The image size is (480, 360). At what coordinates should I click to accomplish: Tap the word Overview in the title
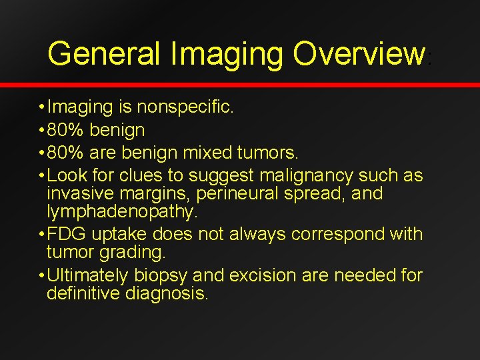click(x=359, y=53)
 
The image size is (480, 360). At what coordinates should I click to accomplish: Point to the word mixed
click(x=207, y=153)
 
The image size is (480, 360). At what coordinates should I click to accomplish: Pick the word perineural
click(x=219, y=195)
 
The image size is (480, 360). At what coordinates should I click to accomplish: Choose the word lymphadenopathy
click(x=122, y=213)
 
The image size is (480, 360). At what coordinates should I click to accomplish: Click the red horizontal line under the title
click(x=240, y=85)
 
